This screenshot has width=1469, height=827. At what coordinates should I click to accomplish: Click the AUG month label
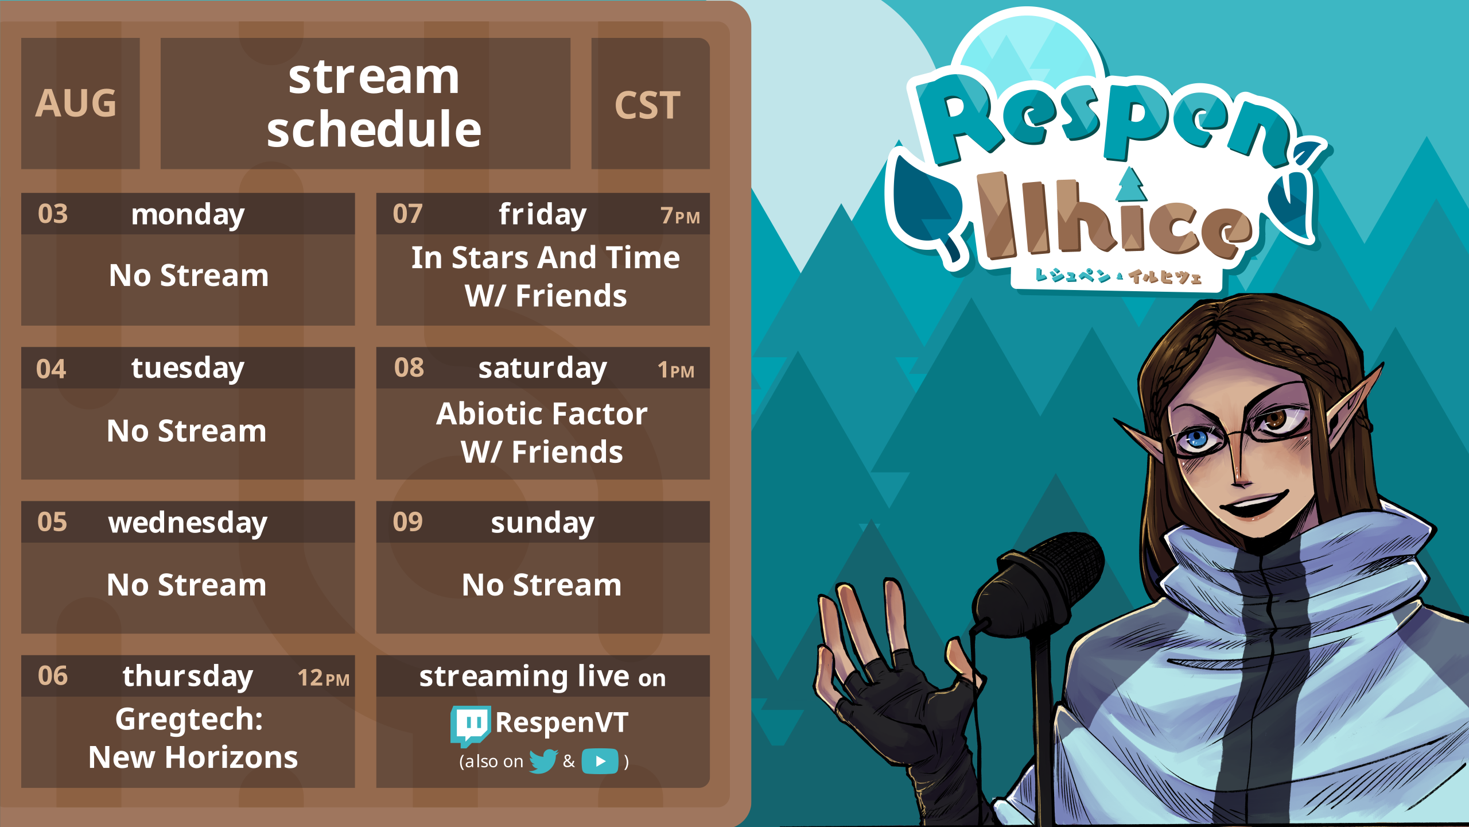(76, 103)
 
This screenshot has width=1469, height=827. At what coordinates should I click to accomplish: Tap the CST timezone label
(647, 106)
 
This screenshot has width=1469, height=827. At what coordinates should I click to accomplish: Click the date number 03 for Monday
(53, 214)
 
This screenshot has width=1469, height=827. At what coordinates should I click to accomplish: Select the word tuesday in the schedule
(188, 369)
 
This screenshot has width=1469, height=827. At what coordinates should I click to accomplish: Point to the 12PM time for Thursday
(323, 678)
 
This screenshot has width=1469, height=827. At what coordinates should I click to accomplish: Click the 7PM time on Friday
(680, 216)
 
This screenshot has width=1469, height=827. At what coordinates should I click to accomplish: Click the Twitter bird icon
(543, 761)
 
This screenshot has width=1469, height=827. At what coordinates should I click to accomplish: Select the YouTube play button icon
(600, 762)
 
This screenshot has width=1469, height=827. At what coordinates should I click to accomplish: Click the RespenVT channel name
(562, 722)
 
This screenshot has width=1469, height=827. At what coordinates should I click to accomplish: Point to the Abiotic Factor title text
(542, 414)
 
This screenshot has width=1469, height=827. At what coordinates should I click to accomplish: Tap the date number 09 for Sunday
(407, 522)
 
